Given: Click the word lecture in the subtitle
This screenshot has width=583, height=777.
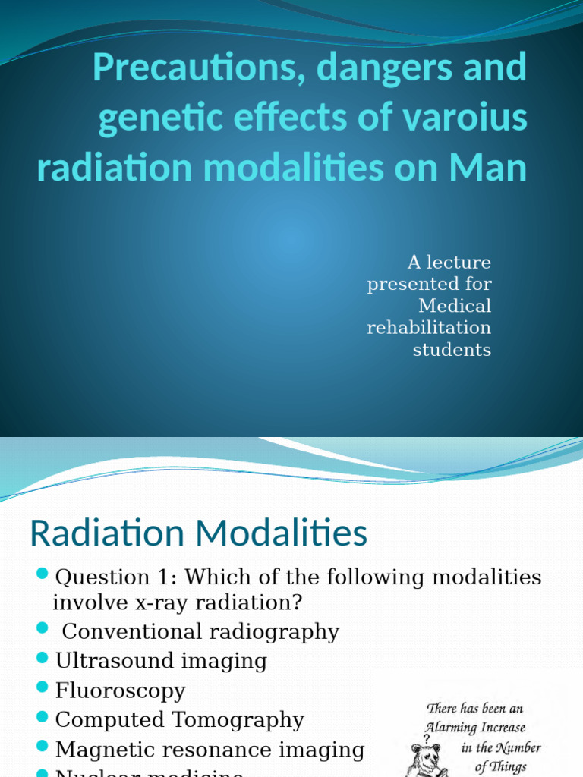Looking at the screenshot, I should point(459,263).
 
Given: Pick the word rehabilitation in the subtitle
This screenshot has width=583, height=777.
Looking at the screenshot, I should point(429,328).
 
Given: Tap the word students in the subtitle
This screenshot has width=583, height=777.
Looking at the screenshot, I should point(452,350).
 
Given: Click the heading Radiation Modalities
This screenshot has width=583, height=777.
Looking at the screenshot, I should point(198,534).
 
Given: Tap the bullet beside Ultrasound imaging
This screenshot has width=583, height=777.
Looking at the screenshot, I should point(43,659).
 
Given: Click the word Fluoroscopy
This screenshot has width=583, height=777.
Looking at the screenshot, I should point(120,690).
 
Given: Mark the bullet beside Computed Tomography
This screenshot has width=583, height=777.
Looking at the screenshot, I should point(43,717).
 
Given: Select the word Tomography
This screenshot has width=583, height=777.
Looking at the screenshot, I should point(241,719).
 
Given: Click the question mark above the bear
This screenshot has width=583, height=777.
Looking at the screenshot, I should point(427,737).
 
